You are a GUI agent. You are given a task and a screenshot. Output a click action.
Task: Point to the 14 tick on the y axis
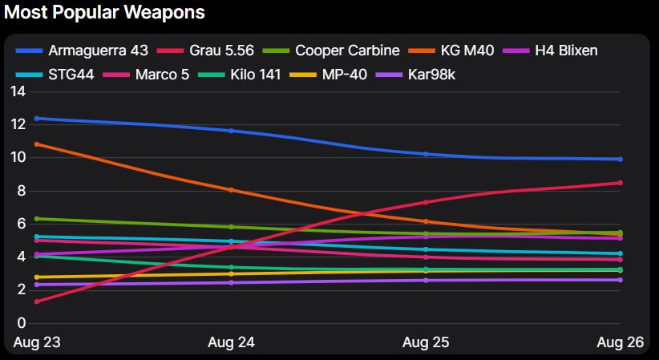[x=18, y=91]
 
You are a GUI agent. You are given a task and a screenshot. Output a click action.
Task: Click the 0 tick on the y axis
[x=22, y=323]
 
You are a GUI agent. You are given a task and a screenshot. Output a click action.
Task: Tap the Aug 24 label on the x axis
[x=231, y=343]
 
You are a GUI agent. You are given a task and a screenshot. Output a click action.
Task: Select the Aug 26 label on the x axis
[x=621, y=343]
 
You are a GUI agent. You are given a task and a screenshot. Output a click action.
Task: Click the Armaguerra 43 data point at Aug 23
[x=37, y=119]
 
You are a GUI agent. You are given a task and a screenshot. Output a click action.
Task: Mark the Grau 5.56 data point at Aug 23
[x=37, y=301]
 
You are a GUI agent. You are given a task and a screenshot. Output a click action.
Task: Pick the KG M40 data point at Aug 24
[x=232, y=190]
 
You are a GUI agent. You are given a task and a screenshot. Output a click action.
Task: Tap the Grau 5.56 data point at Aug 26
[x=620, y=183]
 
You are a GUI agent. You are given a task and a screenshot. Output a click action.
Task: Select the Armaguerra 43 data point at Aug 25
[x=426, y=154]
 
